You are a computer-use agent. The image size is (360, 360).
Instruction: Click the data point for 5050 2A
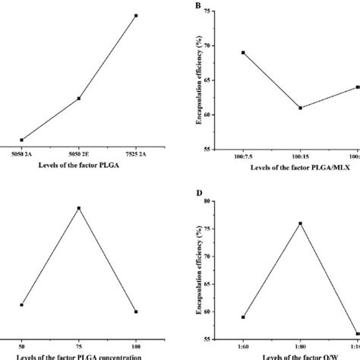(x=21, y=140)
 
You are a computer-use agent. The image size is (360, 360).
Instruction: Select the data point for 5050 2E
(x=79, y=98)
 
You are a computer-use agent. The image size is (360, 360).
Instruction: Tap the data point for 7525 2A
(x=136, y=15)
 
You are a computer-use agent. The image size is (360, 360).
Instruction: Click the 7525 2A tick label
(x=136, y=156)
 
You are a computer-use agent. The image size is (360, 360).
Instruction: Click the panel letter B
(x=198, y=7)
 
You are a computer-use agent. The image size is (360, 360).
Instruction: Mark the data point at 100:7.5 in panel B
(x=242, y=52)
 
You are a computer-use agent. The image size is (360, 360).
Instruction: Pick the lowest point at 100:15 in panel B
(x=300, y=108)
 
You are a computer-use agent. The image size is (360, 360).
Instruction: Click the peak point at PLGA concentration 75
(x=79, y=207)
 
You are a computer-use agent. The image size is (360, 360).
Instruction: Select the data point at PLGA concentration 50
(x=21, y=305)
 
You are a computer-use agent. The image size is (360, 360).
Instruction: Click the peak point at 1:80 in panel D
(x=300, y=223)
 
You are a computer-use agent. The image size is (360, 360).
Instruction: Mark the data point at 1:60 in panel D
(x=242, y=317)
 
